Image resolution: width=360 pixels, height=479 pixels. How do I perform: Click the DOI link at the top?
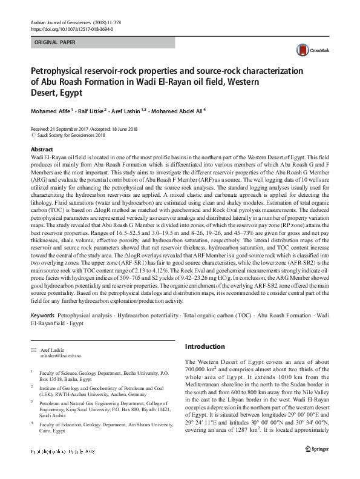(x=70, y=28)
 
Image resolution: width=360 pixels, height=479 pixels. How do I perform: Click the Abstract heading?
(x=42, y=148)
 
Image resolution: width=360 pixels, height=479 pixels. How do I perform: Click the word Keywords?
(x=43, y=316)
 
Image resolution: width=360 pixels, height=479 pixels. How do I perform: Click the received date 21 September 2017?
(x=70, y=130)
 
